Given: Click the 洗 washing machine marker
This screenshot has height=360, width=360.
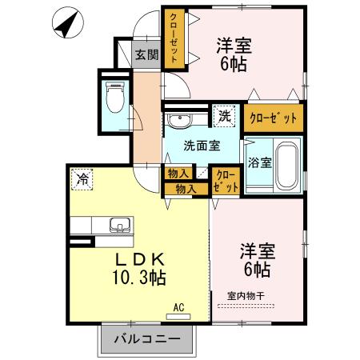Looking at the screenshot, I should [225, 117].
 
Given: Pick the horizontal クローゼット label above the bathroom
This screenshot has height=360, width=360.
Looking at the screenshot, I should [274, 119].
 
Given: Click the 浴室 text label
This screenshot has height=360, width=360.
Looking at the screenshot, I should [258, 161].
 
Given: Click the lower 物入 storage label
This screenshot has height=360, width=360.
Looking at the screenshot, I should [185, 188].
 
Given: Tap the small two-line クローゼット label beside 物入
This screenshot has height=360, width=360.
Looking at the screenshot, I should [226, 181].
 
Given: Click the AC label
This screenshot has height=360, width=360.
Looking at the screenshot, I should [179, 306].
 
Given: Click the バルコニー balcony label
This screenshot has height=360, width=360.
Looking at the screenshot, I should [146, 340].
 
